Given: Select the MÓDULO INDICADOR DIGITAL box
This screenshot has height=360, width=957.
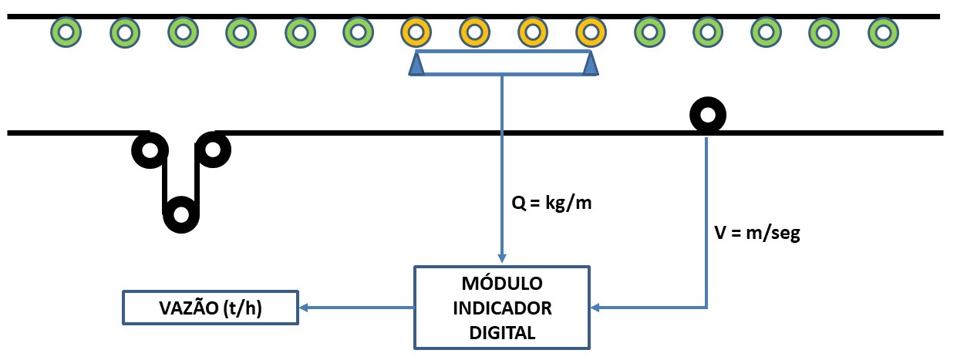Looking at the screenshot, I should coord(502,308).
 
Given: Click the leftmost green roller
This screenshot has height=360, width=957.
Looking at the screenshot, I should coord(66,32).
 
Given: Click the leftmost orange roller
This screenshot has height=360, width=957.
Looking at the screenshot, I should coord(416,32).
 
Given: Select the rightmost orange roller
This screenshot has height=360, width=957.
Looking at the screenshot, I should coord(591,32).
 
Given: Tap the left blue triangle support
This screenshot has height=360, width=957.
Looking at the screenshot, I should coord(416,65).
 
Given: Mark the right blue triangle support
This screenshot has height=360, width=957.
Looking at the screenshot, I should coord(591,65).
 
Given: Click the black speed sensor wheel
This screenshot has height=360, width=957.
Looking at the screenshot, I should coord(707,116).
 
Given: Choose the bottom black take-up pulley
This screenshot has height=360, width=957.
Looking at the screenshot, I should coord(181,214).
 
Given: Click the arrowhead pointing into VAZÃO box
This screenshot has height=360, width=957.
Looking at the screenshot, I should coord(304,308).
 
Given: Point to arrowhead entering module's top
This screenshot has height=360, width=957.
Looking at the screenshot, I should coord(502,261).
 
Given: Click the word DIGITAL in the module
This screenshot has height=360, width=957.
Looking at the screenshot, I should coord(502,334).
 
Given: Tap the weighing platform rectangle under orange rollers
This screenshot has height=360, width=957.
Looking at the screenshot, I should coord(504,63).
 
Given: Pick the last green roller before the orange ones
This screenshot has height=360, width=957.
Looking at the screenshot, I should coord(357,32).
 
